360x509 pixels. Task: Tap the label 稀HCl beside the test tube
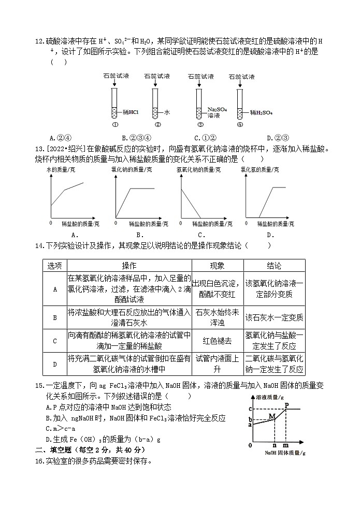[x=131, y=112]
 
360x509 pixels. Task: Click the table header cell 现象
[x=217, y=266]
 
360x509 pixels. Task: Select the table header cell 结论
[x=274, y=266]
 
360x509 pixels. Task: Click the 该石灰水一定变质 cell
[x=274, y=317]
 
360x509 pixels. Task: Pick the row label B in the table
[x=55, y=317]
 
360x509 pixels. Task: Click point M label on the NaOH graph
[x=271, y=415]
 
